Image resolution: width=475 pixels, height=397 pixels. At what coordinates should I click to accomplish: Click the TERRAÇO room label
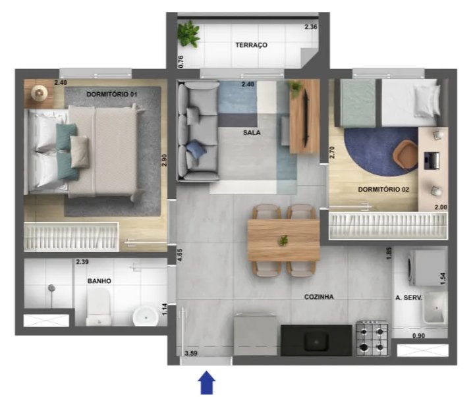(x=252, y=45)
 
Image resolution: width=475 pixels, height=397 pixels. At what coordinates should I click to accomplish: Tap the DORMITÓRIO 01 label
(x=112, y=94)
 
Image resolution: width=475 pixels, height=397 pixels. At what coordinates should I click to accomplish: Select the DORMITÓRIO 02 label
(x=383, y=190)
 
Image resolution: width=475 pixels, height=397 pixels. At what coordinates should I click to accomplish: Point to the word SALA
(x=252, y=132)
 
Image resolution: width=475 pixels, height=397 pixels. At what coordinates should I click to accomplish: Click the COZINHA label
(x=319, y=297)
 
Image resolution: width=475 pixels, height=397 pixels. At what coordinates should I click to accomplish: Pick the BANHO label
(x=99, y=281)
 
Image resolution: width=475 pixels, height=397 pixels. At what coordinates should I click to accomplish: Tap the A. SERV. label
(x=408, y=298)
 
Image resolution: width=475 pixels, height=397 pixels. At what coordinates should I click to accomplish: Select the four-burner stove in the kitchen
(x=372, y=338)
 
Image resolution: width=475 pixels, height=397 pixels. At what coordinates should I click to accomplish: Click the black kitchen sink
(x=317, y=340)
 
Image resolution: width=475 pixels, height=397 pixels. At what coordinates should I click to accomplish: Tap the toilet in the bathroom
(x=98, y=306)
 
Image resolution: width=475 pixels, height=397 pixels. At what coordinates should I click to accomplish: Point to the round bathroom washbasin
(x=146, y=317)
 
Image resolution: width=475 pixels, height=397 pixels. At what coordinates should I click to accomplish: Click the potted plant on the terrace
(x=188, y=34)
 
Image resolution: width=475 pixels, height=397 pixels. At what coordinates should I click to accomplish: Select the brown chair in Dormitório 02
(x=405, y=155)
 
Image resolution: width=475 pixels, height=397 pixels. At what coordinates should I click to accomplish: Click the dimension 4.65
(x=180, y=255)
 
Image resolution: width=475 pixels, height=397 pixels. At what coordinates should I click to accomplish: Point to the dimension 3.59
(x=191, y=353)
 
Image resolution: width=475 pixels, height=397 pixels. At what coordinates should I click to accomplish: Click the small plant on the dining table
(x=283, y=240)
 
